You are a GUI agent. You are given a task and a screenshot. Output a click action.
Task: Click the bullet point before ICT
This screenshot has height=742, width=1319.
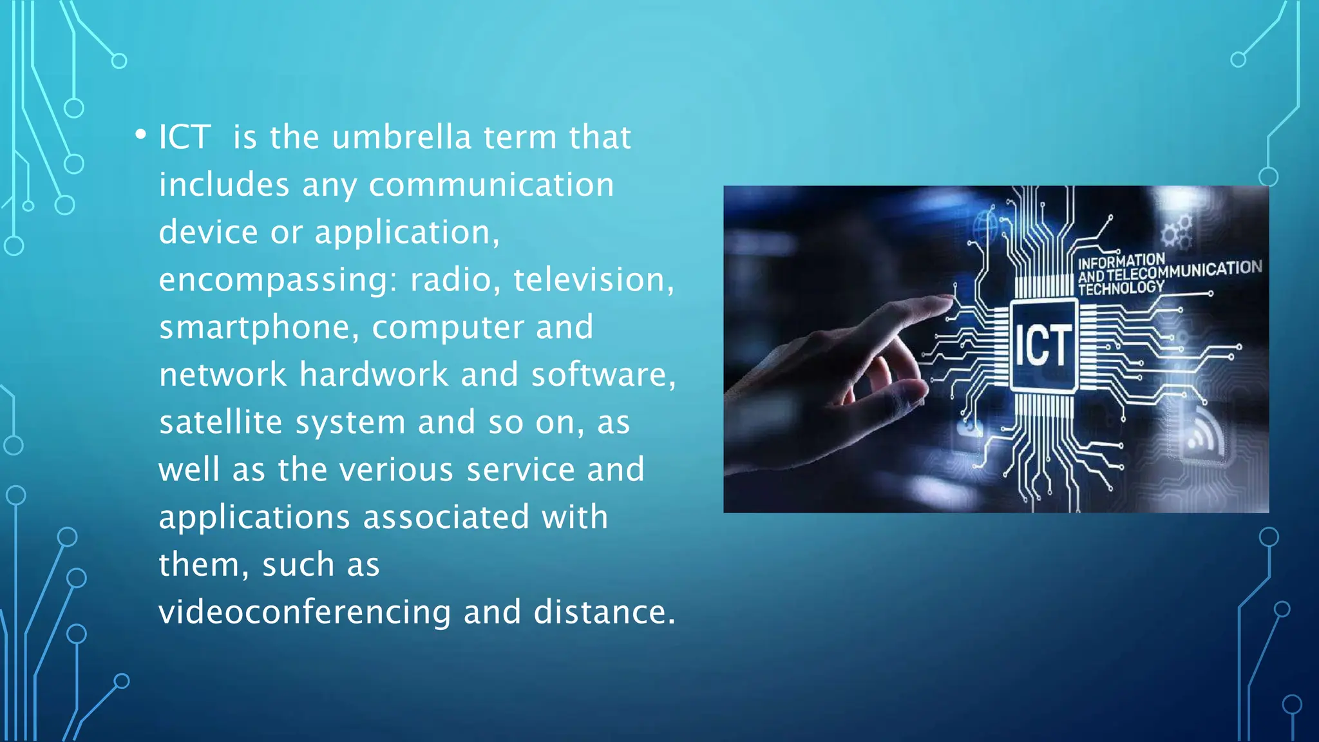tap(140, 135)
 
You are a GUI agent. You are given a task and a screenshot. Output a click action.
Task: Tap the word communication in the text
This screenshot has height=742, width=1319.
tap(491, 185)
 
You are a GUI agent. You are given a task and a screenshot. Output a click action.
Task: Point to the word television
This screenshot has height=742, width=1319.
tap(593, 280)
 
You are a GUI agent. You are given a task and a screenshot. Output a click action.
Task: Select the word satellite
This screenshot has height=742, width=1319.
tap(221, 423)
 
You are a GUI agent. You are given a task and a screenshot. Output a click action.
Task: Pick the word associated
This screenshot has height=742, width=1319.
tap(446, 517)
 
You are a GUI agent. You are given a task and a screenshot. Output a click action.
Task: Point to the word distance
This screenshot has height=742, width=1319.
tap(604, 612)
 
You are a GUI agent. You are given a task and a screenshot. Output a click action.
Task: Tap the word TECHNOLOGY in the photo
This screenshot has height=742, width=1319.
tap(1121, 288)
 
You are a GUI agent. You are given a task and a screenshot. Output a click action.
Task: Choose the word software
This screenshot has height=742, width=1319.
tap(603, 375)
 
